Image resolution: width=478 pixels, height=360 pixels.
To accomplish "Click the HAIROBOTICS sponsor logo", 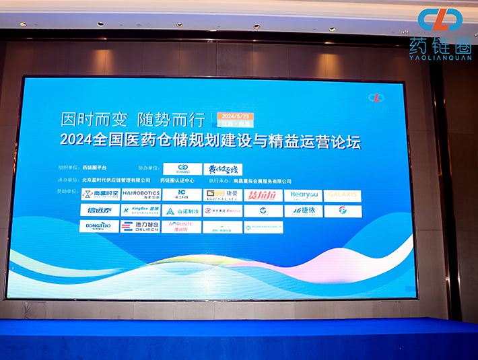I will (141, 194).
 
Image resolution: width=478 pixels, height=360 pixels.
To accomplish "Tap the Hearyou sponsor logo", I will (303, 195).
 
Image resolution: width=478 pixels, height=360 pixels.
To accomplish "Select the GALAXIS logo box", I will (343, 195).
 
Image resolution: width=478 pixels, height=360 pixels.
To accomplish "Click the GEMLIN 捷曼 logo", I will (222, 195).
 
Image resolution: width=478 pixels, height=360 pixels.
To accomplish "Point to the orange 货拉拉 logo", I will (263, 195).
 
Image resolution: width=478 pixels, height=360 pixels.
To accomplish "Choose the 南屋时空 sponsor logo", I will (100, 194).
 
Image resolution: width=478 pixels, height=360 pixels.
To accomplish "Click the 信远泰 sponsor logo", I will (100, 211).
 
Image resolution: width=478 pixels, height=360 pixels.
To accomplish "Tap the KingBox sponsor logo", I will (141, 211).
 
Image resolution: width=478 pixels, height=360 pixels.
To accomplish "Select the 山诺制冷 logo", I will (182, 211).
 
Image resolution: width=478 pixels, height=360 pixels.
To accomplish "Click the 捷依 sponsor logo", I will (303, 211).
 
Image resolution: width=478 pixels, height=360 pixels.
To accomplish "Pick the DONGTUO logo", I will (100, 226).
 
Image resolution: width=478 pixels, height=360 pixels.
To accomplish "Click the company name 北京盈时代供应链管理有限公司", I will (116, 181).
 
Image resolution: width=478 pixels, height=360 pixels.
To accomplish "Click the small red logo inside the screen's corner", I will (376, 98).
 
